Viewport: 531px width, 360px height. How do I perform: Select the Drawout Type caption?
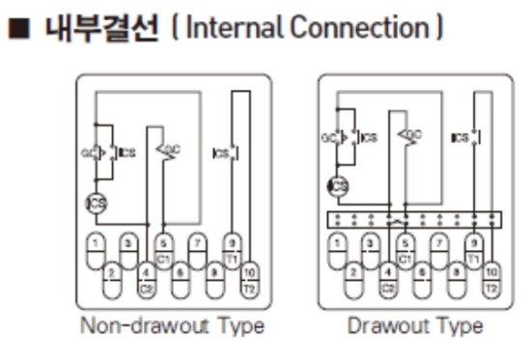pos(415,325)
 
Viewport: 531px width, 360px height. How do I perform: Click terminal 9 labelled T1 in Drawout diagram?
pos(473,249)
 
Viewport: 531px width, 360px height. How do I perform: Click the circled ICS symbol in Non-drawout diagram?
pos(98,202)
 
